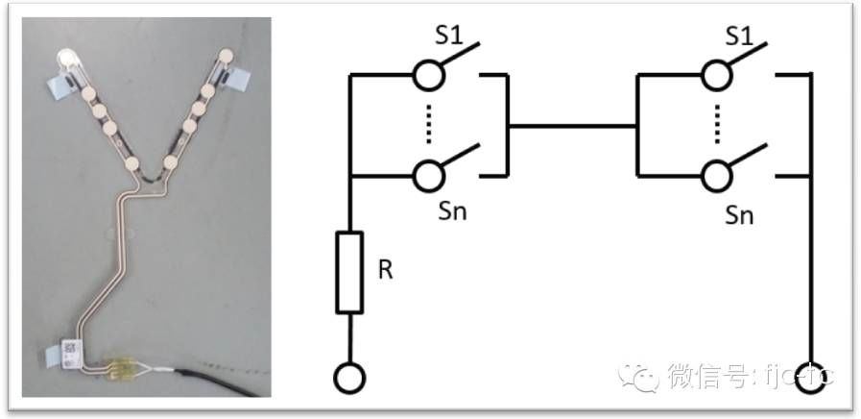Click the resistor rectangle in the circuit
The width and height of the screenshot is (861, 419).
tap(350, 272)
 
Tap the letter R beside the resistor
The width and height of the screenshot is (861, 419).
tap(385, 270)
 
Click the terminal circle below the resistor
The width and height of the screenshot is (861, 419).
tap(350, 377)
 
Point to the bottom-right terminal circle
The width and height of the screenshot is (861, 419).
tap(812, 377)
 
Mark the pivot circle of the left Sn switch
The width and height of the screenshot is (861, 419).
tap(428, 176)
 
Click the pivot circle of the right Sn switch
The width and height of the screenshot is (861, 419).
tap(714, 176)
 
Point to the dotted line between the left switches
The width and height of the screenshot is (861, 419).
tap(428, 125)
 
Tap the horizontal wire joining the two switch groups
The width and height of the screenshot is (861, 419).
tap(571, 125)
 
